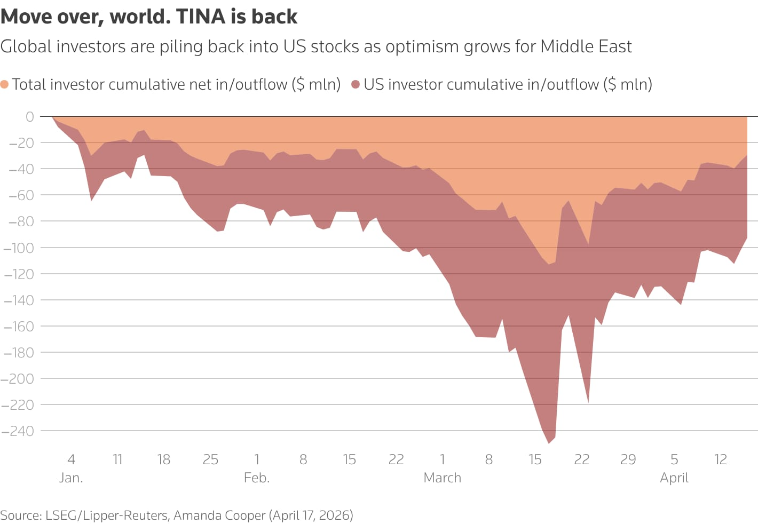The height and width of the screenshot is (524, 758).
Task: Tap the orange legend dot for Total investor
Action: tap(5, 84)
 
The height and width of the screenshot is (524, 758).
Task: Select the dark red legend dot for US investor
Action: tap(356, 84)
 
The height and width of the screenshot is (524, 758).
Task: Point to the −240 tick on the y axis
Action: tap(18, 431)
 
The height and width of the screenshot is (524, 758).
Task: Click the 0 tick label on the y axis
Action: tap(29, 116)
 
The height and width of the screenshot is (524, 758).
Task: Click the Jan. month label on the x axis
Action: tap(71, 478)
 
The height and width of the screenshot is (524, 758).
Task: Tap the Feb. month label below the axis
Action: tap(257, 478)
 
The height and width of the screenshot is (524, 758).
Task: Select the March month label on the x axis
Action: tap(442, 478)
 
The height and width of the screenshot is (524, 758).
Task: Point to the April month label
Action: tap(674, 478)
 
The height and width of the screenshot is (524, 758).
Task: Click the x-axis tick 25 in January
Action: tap(210, 459)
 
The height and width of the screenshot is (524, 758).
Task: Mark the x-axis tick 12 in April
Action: tap(721, 459)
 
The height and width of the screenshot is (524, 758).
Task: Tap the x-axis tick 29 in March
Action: tap(628, 459)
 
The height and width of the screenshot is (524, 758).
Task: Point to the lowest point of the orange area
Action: tap(549, 264)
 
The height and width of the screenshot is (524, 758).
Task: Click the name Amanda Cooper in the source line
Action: tap(219, 515)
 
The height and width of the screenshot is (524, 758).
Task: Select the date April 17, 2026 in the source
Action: tap(311, 515)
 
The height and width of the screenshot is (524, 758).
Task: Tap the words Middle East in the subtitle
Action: tap(586, 46)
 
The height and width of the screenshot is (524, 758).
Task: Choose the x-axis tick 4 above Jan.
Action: tap(71, 459)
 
